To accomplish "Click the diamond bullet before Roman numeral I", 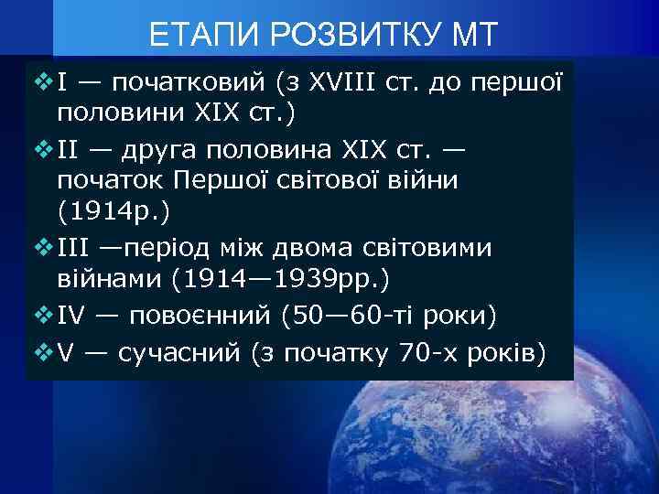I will [x=40, y=82].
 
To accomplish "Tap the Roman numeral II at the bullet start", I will [x=70, y=148].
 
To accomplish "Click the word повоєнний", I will [x=201, y=317].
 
